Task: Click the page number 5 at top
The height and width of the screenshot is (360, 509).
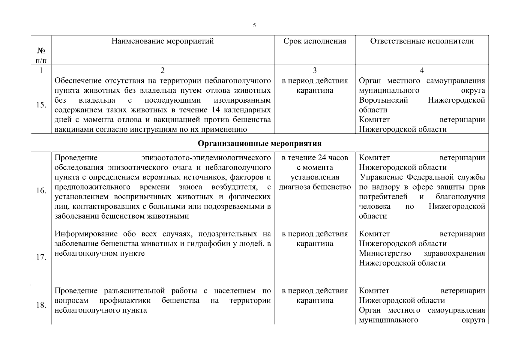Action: coord(254,25)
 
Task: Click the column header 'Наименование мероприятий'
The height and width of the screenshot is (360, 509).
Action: coord(163,41)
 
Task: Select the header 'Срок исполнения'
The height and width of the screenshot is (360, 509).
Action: coord(315,41)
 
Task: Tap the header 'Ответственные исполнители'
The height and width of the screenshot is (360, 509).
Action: coord(422,41)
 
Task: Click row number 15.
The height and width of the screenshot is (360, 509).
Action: coord(41,105)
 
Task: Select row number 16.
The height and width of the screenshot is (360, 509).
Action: coord(41,191)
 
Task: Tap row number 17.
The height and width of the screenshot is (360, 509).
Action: coord(41,257)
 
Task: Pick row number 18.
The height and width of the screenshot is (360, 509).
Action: coord(41,305)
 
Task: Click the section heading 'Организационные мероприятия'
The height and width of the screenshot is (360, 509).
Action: coord(259,143)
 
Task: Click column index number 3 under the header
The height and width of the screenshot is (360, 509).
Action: coord(315,70)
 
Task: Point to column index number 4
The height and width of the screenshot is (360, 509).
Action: coord(422,70)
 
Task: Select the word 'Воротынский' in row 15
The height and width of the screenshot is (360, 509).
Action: coord(383,100)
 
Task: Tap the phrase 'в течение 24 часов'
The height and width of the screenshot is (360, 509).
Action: coord(315,158)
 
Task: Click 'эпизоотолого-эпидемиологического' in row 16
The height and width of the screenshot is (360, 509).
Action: coord(206,158)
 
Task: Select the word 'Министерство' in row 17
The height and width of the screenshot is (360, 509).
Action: coord(385,253)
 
